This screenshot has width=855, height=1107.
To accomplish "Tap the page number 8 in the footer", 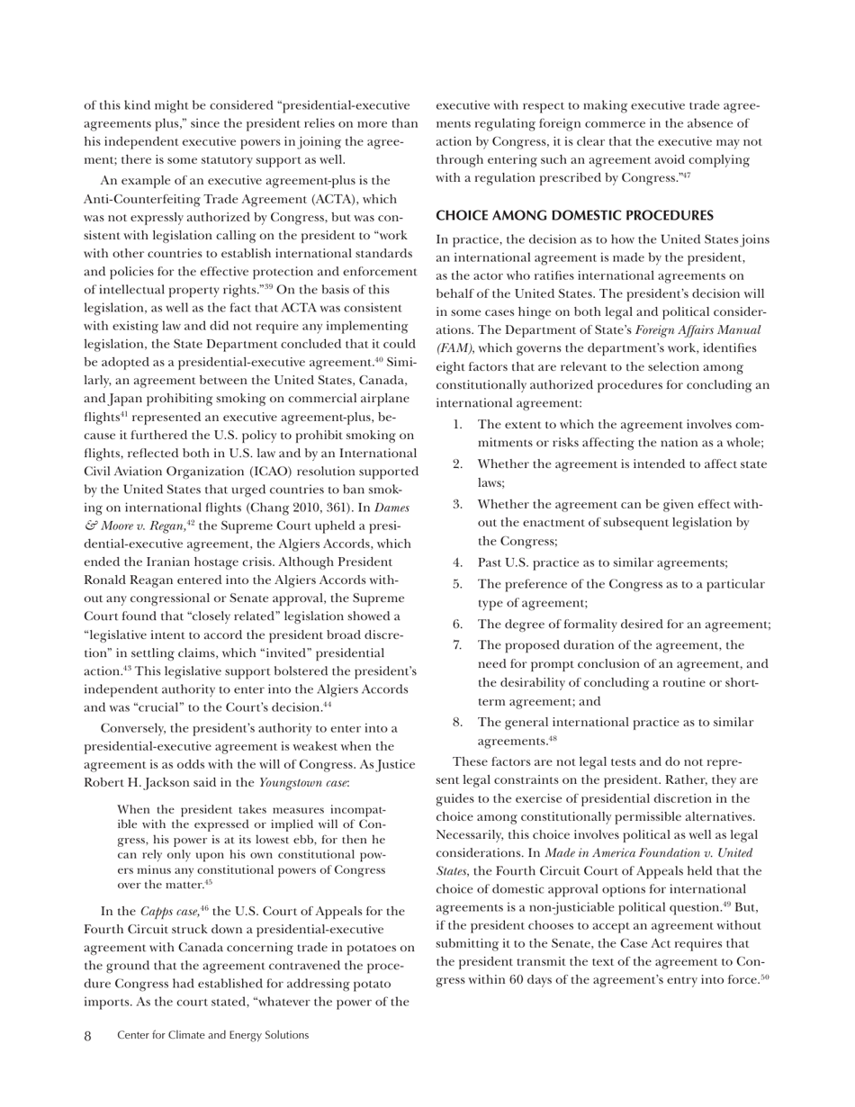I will tap(88, 1036).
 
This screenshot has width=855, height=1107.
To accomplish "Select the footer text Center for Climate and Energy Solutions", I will tap(212, 1036).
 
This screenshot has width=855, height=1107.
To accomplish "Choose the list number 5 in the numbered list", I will tap(457, 585).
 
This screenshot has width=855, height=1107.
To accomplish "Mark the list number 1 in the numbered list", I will tap(457, 424).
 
